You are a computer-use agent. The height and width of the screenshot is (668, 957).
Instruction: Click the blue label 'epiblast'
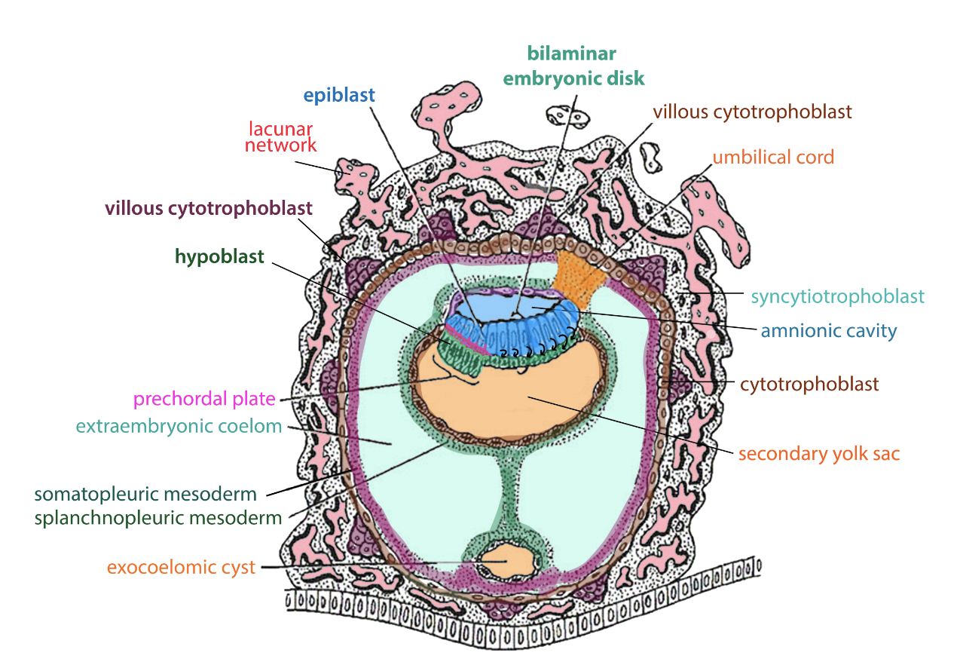[x=339, y=96]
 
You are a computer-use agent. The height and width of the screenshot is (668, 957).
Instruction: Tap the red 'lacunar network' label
[x=280, y=136]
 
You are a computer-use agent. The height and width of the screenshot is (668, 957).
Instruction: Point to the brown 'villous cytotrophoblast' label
[x=752, y=112]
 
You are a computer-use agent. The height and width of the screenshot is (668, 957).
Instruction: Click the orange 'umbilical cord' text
[x=773, y=158]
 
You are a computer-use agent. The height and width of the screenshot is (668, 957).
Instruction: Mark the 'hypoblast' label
[x=219, y=257]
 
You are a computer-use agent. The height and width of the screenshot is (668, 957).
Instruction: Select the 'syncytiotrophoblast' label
[x=837, y=296]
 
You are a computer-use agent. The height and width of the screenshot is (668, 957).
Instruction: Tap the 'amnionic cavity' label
[x=829, y=330]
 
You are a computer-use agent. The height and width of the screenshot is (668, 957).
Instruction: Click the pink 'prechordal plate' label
[x=204, y=399]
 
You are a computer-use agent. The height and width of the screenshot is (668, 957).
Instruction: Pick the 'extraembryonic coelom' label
[x=179, y=426]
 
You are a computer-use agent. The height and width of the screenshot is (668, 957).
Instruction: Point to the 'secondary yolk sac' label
[x=819, y=454]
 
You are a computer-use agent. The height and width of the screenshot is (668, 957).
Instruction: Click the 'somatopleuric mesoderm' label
[x=145, y=495]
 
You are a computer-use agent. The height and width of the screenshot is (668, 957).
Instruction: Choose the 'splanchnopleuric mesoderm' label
[x=158, y=518]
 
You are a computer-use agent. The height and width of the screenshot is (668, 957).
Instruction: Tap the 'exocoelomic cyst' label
[x=181, y=567]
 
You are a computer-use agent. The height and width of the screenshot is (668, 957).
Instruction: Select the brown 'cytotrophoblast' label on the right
[x=809, y=384]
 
